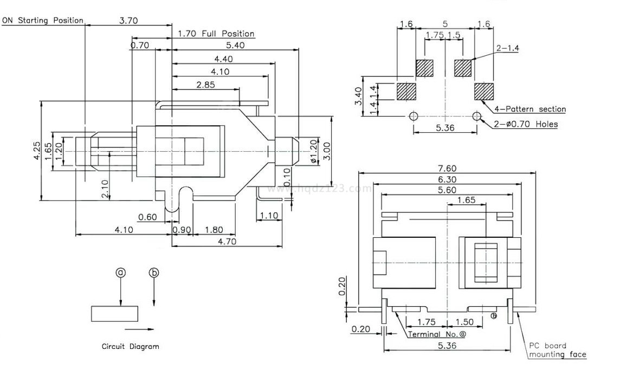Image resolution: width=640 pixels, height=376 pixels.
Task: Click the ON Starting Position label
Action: (x=43, y=21)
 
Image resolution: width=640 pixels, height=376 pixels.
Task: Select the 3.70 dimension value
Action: (x=128, y=21)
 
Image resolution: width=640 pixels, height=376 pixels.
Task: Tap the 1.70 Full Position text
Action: (x=216, y=34)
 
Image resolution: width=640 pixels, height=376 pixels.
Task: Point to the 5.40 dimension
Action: (x=236, y=46)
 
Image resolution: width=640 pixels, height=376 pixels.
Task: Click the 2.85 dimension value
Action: (x=206, y=85)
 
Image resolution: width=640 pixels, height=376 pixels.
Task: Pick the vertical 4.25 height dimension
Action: (x=36, y=150)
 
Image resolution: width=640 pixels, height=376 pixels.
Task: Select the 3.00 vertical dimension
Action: (x=326, y=150)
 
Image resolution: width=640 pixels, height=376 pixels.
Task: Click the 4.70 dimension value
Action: (x=227, y=242)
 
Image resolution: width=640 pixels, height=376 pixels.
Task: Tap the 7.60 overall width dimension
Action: (x=447, y=168)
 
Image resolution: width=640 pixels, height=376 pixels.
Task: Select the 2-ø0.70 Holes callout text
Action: (x=526, y=124)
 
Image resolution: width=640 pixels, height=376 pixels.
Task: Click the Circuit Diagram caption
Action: (x=131, y=346)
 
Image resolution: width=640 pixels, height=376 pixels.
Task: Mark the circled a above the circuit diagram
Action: (x=121, y=273)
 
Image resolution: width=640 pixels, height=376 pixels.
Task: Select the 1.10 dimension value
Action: (x=269, y=216)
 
